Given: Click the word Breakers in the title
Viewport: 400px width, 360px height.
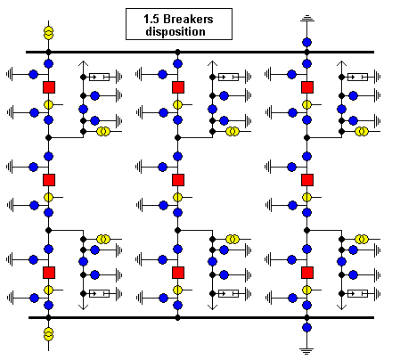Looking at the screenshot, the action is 188,19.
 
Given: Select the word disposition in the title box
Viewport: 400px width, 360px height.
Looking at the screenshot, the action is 176,31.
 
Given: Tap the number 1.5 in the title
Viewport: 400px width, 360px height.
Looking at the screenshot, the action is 152,19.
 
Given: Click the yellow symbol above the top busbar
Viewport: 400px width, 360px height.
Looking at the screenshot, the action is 48,33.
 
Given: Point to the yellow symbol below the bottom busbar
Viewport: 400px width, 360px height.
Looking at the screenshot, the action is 48,334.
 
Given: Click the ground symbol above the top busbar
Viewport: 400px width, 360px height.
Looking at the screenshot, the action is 307,20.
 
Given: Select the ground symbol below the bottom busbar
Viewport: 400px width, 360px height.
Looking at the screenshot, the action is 306,351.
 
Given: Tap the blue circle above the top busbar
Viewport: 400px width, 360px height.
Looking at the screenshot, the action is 307,42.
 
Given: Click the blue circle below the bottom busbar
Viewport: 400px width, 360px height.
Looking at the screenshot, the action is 306,328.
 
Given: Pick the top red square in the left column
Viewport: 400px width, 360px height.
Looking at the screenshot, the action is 49,87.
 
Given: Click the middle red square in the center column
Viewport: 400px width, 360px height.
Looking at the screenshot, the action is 178,180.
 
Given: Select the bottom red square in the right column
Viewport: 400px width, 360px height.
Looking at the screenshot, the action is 307,273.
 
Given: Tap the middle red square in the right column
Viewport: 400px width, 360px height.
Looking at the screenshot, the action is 307,180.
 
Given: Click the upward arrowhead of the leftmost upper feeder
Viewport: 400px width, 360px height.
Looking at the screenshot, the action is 84,63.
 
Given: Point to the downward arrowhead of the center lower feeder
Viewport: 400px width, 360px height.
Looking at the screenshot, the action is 212,307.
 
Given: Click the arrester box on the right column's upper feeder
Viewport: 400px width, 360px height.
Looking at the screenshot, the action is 357,77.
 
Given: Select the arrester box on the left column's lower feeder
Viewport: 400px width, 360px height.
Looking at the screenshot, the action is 99,293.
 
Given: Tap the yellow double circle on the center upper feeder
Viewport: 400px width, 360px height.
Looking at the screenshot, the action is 233,131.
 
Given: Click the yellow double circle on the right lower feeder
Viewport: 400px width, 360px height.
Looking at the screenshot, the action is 362,239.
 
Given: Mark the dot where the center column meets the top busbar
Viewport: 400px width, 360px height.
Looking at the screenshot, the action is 177,52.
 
